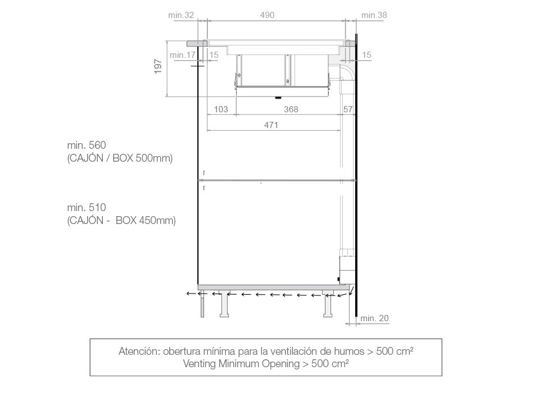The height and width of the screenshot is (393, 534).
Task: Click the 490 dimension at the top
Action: tap(267, 15)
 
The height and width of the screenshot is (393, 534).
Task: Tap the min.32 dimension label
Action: tap(181, 15)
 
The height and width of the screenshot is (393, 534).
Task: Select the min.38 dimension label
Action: tap(374, 15)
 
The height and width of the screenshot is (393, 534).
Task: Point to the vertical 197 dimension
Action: tap(158, 66)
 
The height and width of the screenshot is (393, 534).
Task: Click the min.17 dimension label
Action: tap(183, 55)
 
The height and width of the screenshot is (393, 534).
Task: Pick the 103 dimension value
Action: tap(221, 109)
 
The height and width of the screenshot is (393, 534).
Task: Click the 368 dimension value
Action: tap(291, 109)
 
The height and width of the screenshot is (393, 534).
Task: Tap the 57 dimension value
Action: tap(348, 109)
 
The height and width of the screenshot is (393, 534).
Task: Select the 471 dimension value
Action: tap(271, 125)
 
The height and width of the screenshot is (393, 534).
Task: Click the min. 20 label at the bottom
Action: tap(374, 318)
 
